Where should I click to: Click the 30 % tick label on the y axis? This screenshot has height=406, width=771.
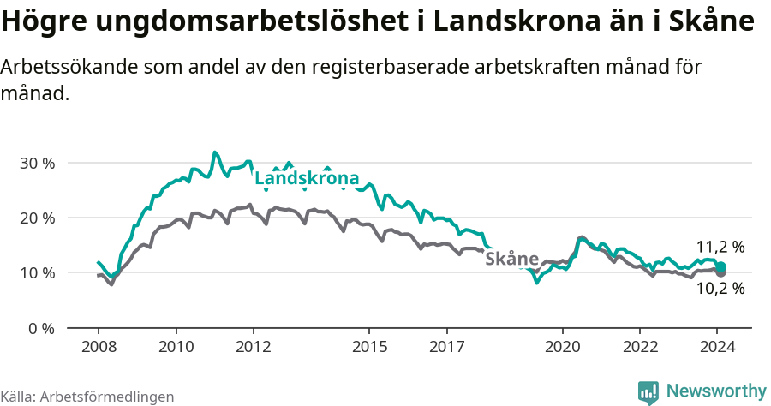37,163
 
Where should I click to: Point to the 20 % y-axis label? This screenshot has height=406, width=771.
37,218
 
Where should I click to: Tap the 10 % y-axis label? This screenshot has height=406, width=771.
37,272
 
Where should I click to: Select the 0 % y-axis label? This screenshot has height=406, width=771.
41,328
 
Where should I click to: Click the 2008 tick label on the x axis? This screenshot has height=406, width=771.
99,347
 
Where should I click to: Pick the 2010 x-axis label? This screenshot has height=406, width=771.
176,347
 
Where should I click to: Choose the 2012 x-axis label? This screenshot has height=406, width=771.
254,347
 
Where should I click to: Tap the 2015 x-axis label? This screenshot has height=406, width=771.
369,347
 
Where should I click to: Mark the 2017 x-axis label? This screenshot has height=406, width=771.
446,347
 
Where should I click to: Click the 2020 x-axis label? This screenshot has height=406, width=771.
563,347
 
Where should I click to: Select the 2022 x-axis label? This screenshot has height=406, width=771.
640,347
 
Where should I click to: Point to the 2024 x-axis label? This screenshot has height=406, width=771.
718,347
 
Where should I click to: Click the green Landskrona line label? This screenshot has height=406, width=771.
307,179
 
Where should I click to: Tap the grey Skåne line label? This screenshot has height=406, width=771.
511,259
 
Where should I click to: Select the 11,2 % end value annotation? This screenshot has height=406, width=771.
720,247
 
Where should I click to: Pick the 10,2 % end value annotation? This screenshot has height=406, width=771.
720,289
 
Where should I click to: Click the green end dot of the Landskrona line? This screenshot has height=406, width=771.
721,267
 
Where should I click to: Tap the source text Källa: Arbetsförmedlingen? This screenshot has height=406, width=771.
87,397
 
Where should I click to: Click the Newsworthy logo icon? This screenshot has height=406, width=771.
648,392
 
